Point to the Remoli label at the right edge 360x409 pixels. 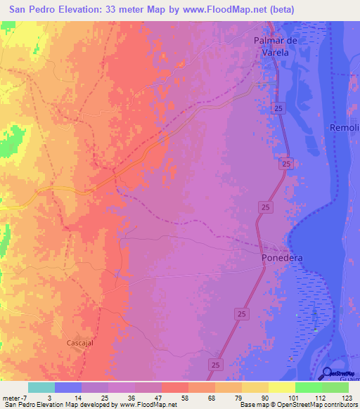click(x=345, y=127)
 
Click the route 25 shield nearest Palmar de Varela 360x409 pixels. click(x=279, y=108)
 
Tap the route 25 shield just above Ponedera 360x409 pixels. click(x=265, y=207)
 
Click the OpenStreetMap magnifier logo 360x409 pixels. click(x=328, y=374)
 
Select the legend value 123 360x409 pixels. click(x=347, y=398)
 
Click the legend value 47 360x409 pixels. click(x=148, y=398)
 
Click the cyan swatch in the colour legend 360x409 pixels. click(x=41, y=387)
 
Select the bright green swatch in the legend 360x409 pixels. click(x=335, y=387)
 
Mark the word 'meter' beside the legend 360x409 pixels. click(x=11, y=398)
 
